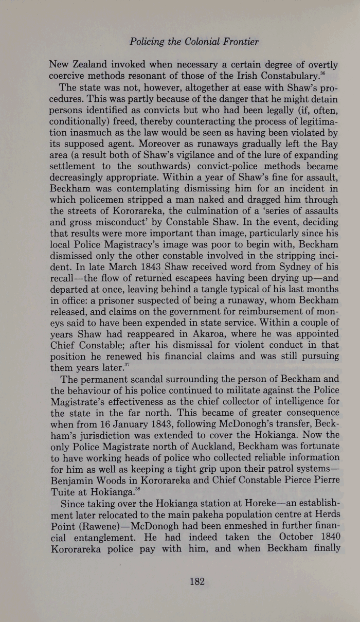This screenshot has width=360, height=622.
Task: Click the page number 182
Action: tap(197, 581)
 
